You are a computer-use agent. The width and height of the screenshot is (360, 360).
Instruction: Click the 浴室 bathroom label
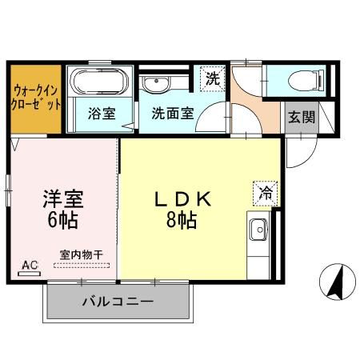pos(101,114)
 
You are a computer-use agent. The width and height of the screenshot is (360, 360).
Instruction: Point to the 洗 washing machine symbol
pos(212,78)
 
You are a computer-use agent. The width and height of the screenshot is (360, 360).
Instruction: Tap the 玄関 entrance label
pos(302,116)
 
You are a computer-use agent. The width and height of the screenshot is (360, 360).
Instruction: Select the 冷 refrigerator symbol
pos(266,192)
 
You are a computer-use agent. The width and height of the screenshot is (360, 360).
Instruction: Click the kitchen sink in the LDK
pos(259,231)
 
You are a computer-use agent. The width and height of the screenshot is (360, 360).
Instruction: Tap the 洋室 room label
pos(63,198)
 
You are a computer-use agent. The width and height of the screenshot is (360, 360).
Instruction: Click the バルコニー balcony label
pos(118,302)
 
